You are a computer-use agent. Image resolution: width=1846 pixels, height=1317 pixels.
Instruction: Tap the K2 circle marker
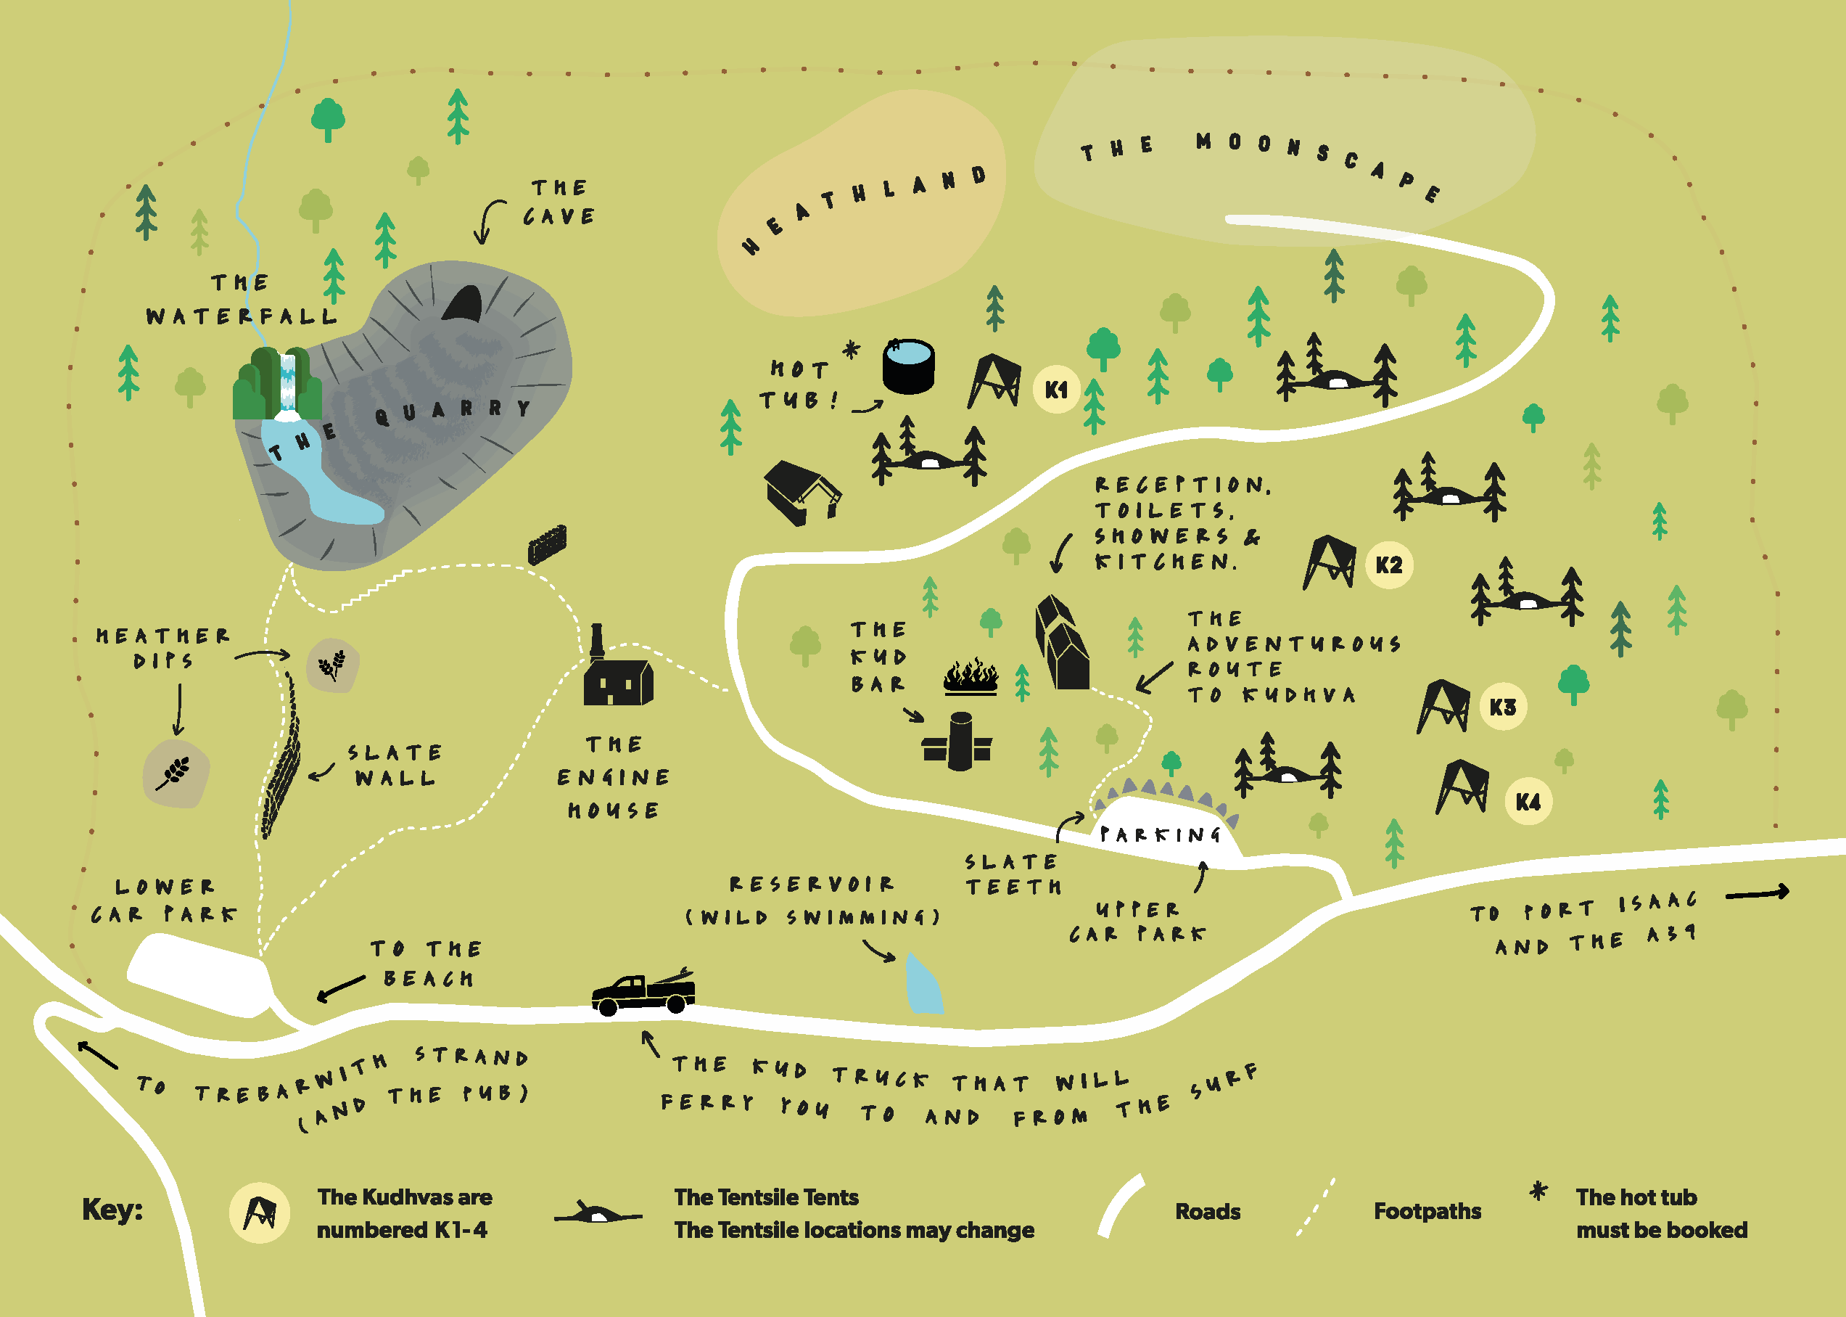click(x=1389, y=565)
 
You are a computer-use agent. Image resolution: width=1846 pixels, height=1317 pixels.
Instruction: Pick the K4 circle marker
click(x=1528, y=802)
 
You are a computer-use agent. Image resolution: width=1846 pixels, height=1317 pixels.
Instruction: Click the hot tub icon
click(x=908, y=366)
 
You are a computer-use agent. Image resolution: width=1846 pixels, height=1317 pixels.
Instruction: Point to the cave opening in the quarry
click(x=463, y=305)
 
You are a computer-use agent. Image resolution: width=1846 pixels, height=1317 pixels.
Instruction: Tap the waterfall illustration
click(x=287, y=385)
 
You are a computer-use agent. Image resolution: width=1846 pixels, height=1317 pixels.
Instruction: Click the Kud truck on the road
click(x=643, y=993)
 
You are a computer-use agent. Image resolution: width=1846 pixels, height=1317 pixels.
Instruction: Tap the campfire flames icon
click(x=971, y=677)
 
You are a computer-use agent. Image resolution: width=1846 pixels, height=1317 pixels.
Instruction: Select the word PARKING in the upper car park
click(x=1160, y=834)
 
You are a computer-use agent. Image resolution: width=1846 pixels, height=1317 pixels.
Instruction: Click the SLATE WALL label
click(x=395, y=766)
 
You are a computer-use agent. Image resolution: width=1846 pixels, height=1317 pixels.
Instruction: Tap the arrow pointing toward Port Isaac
click(x=1757, y=893)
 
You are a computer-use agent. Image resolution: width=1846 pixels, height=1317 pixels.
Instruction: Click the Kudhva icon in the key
click(x=260, y=1213)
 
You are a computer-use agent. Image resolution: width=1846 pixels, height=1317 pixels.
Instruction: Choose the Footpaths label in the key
click(x=1427, y=1212)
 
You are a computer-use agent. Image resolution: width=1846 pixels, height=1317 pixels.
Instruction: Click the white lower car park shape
click(x=199, y=973)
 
